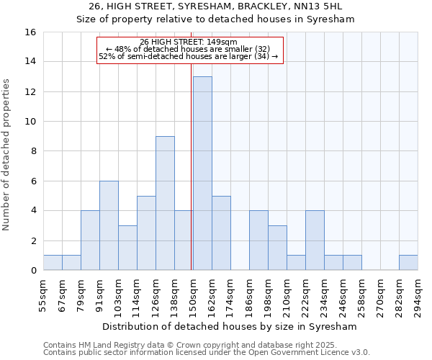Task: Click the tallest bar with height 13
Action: click(202, 174)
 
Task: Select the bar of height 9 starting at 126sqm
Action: click(165, 203)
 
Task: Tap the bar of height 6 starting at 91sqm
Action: click(109, 225)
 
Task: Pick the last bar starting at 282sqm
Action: click(408, 263)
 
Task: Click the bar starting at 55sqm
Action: click(53, 263)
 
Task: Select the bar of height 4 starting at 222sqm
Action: click(315, 240)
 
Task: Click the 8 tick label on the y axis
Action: click(33, 151)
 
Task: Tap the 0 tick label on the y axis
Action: click(33, 271)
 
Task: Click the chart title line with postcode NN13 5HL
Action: click(216, 6)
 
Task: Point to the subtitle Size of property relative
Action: click(216, 19)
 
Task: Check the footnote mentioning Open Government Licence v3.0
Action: click(207, 353)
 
